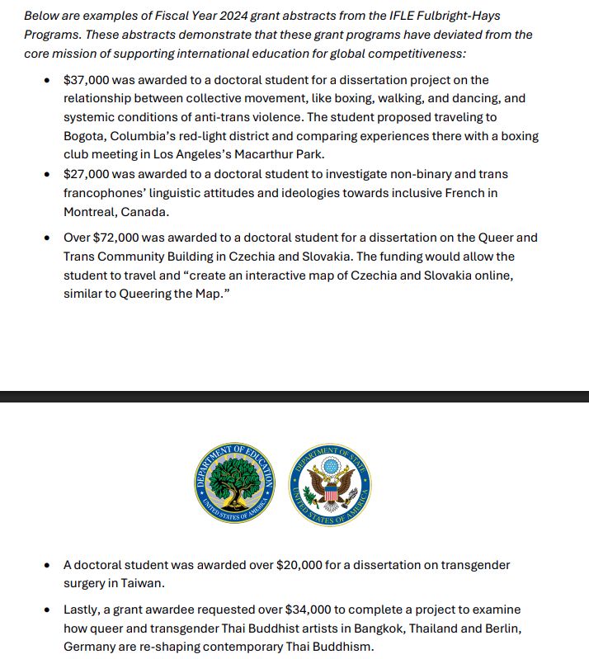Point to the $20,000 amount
coord(295,565)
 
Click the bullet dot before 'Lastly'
coord(46,610)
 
